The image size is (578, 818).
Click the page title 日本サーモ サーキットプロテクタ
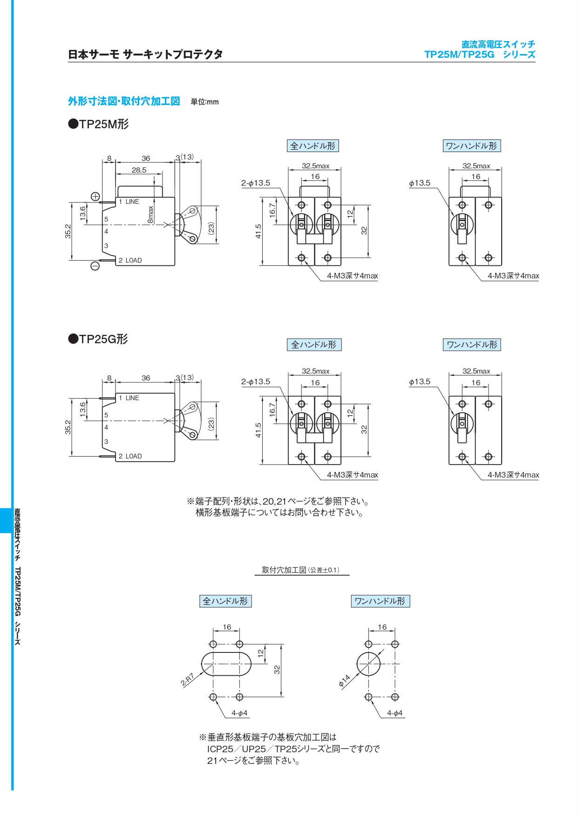145,55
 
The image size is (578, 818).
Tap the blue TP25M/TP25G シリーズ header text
479,55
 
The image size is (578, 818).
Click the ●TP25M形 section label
99,124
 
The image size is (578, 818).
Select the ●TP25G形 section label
98,339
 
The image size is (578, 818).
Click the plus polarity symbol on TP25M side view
95,196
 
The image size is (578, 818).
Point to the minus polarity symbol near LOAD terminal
95,266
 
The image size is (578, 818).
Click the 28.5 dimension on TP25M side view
139,170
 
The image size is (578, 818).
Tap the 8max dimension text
150,215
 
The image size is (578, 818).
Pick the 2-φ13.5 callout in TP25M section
255,183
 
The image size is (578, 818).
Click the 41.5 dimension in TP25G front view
258,430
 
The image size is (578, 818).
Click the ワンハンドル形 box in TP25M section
471,146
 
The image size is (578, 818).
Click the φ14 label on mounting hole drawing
344,681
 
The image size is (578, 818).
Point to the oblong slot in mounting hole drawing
226,664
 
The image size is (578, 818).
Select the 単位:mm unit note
204,102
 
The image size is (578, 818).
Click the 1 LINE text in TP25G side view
129,398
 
